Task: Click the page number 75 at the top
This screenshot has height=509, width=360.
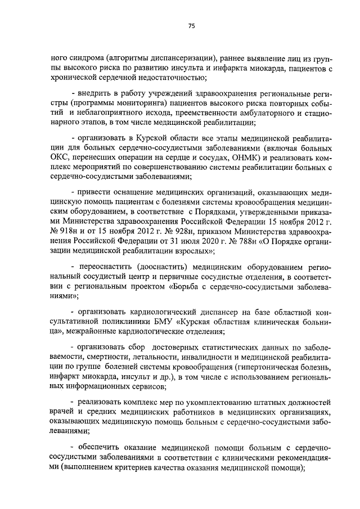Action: tap(191, 26)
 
